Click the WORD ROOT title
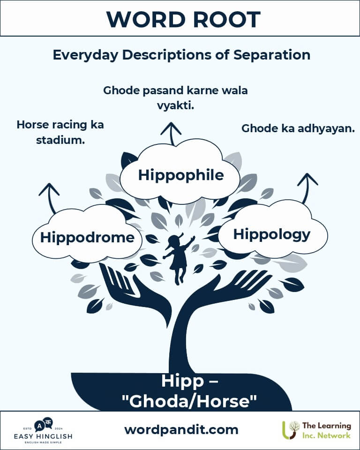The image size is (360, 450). click(x=183, y=19)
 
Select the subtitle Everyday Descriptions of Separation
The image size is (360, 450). click(x=181, y=54)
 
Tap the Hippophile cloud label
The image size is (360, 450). click(x=181, y=175)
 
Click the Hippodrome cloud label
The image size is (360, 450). click(x=87, y=237)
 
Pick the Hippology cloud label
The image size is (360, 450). click(x=271, y=234)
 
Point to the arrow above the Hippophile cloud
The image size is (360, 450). click(x=171, y=134)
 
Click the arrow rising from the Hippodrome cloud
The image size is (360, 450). click(x=50, y=198)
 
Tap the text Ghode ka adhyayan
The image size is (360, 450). click(x=298, y=128)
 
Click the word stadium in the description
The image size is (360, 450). click(x=60, y=140)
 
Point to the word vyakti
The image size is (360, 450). click(x=176, y=106)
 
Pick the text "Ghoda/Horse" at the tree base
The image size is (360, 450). click(x=189, y=401)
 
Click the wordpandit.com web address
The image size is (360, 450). click(x=181, y=430)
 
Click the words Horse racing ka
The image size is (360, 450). click(x=60, y=125)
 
